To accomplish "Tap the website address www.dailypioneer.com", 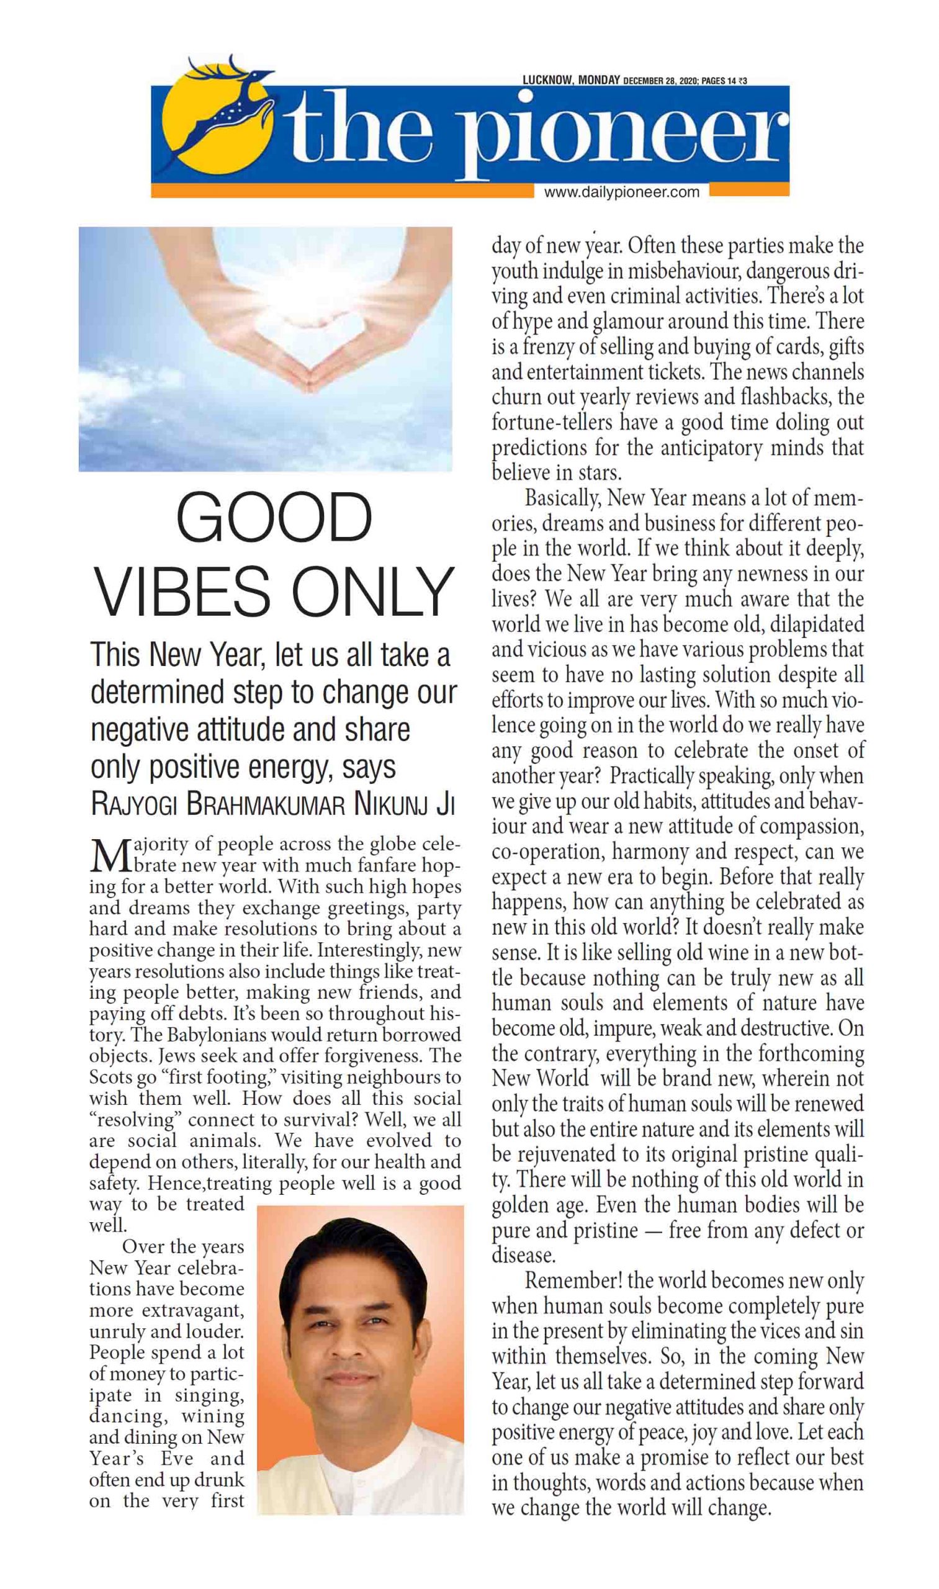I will pyautogui.click(x=621, y=192).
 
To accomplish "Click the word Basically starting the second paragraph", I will pyautogui.click(x=562, y=498).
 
